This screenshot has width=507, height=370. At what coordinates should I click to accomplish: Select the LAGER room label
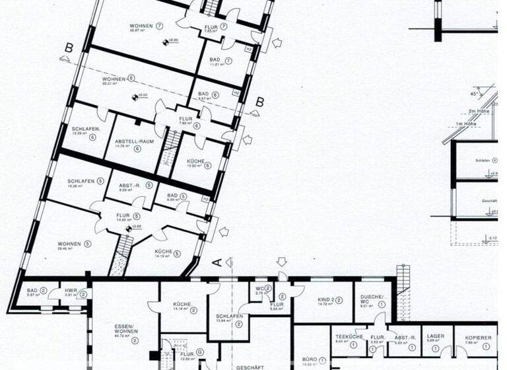[x=435, y=337]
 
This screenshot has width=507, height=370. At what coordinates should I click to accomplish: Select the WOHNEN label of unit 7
[x=141, y=26]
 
